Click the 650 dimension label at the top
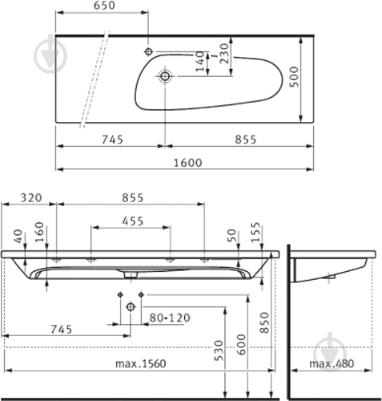(x=104, y=6)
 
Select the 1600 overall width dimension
(x=188, y=163)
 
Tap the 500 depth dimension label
(x=294, y=77)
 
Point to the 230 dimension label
(x=224, y=54)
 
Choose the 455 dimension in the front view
(x=133, y=221)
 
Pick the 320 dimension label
(x=31, y=198)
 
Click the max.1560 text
(x=141, y=363)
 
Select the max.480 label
(x=332, y=363)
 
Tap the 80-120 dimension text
(x=170, y=318)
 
